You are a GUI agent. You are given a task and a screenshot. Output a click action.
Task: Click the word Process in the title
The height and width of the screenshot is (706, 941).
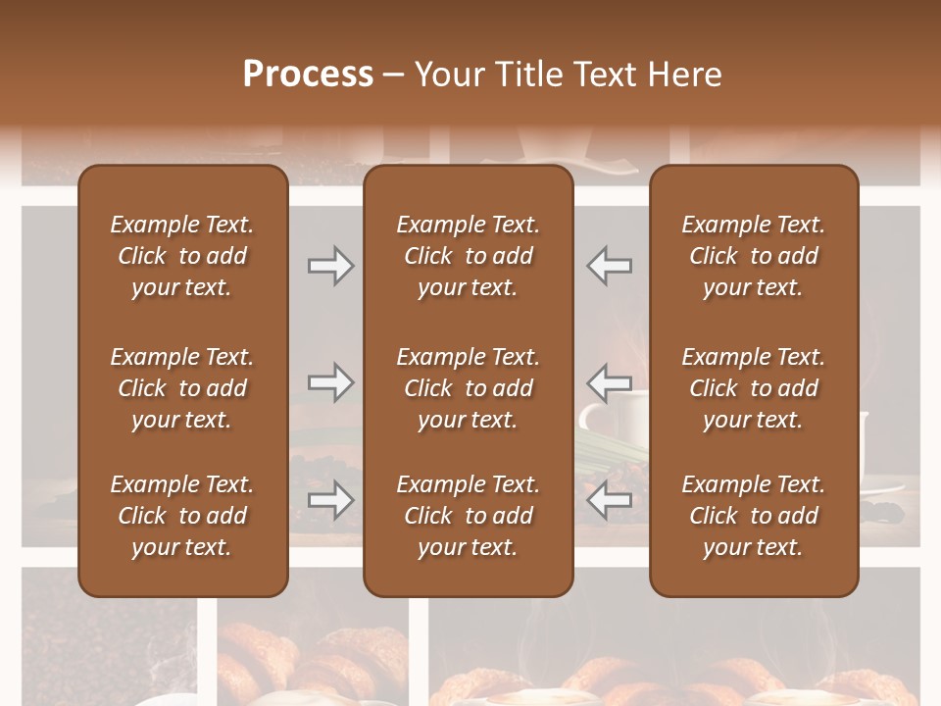pyautogui.click(x=308, y=74)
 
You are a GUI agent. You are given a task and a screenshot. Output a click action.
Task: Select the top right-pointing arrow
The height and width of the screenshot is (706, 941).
pyautogui.click(x=330, y=265)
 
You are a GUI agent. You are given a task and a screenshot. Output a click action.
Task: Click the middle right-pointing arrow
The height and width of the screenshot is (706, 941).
pyautogui.click(x=330, y=381)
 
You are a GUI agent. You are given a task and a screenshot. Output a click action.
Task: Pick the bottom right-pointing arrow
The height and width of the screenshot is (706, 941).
pyautogui.click(x=330, y=500)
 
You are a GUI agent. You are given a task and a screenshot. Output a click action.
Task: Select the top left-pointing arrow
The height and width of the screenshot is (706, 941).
pyautogui.click(x=610, y=265)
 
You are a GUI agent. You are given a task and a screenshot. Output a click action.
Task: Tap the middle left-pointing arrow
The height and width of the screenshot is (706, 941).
pyautogui.click(x=610, y=381)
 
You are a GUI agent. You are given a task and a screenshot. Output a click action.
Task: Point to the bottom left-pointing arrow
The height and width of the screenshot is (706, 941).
pyautogui.click(x=610, y=500)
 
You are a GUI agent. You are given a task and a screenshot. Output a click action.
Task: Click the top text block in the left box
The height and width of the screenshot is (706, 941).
pyautogui.click(x=182, y=256)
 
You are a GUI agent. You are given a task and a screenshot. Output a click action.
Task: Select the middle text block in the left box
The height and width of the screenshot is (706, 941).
pyautogui.click(x=182, y=388)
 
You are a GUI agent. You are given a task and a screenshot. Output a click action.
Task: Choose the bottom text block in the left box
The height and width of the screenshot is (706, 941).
pyautogui.click(x=182, y=516)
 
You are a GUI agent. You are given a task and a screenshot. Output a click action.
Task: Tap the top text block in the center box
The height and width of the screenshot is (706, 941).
pyautogui.click(x=469, y=256)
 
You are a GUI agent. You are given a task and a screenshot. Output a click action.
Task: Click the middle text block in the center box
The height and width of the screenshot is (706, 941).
pyautogui.click(x=469, y=388)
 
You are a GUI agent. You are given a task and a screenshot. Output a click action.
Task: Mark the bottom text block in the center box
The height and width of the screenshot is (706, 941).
pyautogui.click(x=469, y=516)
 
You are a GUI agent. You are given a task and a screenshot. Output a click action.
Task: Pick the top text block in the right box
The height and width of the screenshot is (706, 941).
pyautogui.click(x=754, y=256)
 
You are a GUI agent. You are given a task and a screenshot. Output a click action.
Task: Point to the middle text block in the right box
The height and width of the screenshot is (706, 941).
pyautogui.click(x=754, y=388)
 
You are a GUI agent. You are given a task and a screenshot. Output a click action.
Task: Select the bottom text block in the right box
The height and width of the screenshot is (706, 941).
pyautogui.click(x=754, y=516)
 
